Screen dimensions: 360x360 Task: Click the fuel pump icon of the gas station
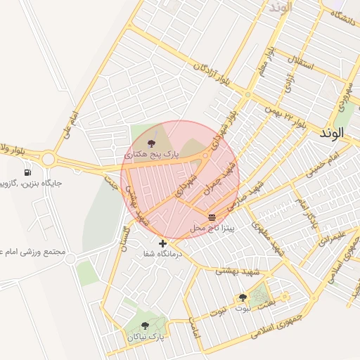tap(27, 172)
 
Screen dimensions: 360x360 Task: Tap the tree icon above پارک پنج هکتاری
tap(151, 143)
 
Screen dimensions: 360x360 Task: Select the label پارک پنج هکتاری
tap(152, 153)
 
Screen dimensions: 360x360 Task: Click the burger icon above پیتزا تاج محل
tap(212, 217)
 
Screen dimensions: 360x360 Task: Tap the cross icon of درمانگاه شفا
tap(163, 243)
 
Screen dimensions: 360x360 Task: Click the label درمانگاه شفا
tap(162, 253)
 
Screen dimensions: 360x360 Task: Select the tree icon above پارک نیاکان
tap(145, 326)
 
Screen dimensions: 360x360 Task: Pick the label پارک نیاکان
tap(146, 337)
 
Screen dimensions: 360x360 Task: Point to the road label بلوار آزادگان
tap(211, 72)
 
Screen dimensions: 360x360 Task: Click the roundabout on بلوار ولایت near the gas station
tap(48, 159)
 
